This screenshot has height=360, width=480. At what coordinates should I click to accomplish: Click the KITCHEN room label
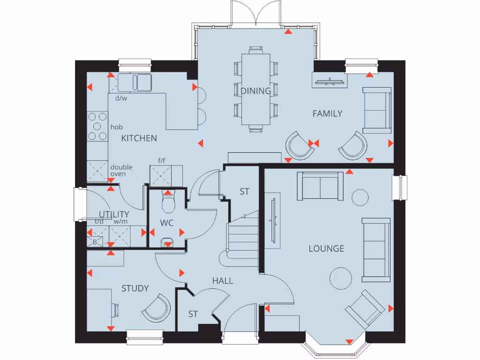[x=139, y=138]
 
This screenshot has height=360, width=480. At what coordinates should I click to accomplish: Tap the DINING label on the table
[x=256, y=91]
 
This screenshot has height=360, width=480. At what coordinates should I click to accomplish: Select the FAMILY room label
[x=327, y=113]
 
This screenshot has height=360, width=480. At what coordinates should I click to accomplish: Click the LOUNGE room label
[x=326, y=248]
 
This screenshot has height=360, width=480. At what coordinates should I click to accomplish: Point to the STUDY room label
[x=135, y=288]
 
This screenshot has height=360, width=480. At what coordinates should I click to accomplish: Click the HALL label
[x=223, y=281]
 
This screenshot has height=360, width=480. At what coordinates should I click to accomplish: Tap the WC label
[x=167, y=223]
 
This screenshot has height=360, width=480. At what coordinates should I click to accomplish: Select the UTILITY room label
[x=113, y=215]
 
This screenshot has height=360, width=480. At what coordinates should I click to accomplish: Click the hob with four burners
[x=97, y=126]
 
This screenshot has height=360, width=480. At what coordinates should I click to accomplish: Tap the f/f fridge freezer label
[x=162, y=160]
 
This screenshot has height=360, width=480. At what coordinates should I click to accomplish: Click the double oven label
[x=121, y=171]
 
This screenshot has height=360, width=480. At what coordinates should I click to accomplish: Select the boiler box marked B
[x=94, y=242]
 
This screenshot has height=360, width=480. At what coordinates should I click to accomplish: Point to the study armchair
[x=157, y=307]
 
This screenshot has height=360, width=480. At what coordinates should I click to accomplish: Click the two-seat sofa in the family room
[x=376, y=110]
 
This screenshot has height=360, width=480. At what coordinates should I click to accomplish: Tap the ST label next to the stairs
[x=244, y=192]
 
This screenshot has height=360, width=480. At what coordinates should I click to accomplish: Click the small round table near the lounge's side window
[x=360, y=197]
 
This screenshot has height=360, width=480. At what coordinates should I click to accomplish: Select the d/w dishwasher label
[x=121, y=98]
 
